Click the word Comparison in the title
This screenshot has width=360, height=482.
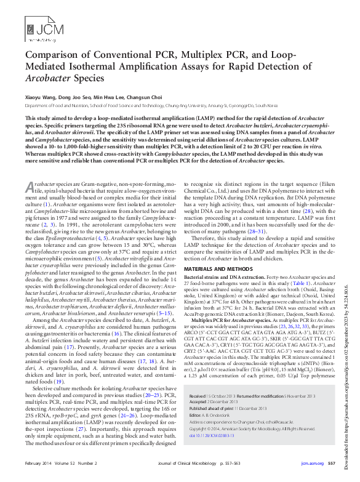(x=56, y=55)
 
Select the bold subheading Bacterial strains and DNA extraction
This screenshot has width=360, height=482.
(x=225, y=278)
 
